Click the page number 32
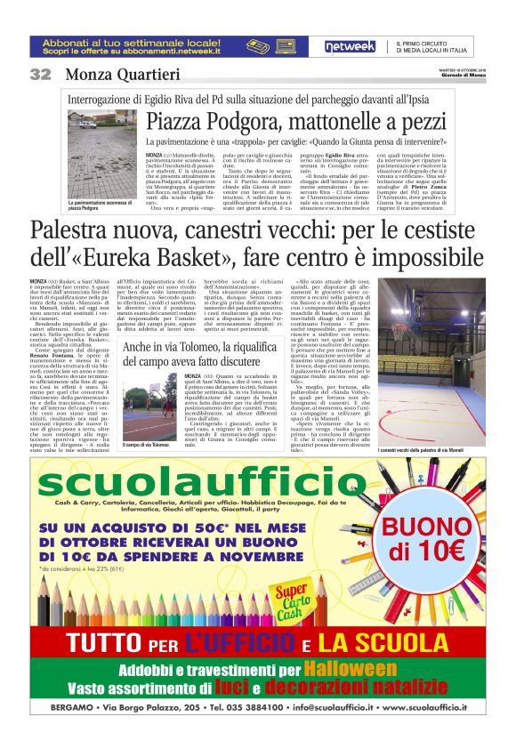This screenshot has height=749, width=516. click(x=41, y=74)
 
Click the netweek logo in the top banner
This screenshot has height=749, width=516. click(x=349, y=46)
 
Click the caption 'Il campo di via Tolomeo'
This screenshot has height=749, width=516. click(x=147, y=445)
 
